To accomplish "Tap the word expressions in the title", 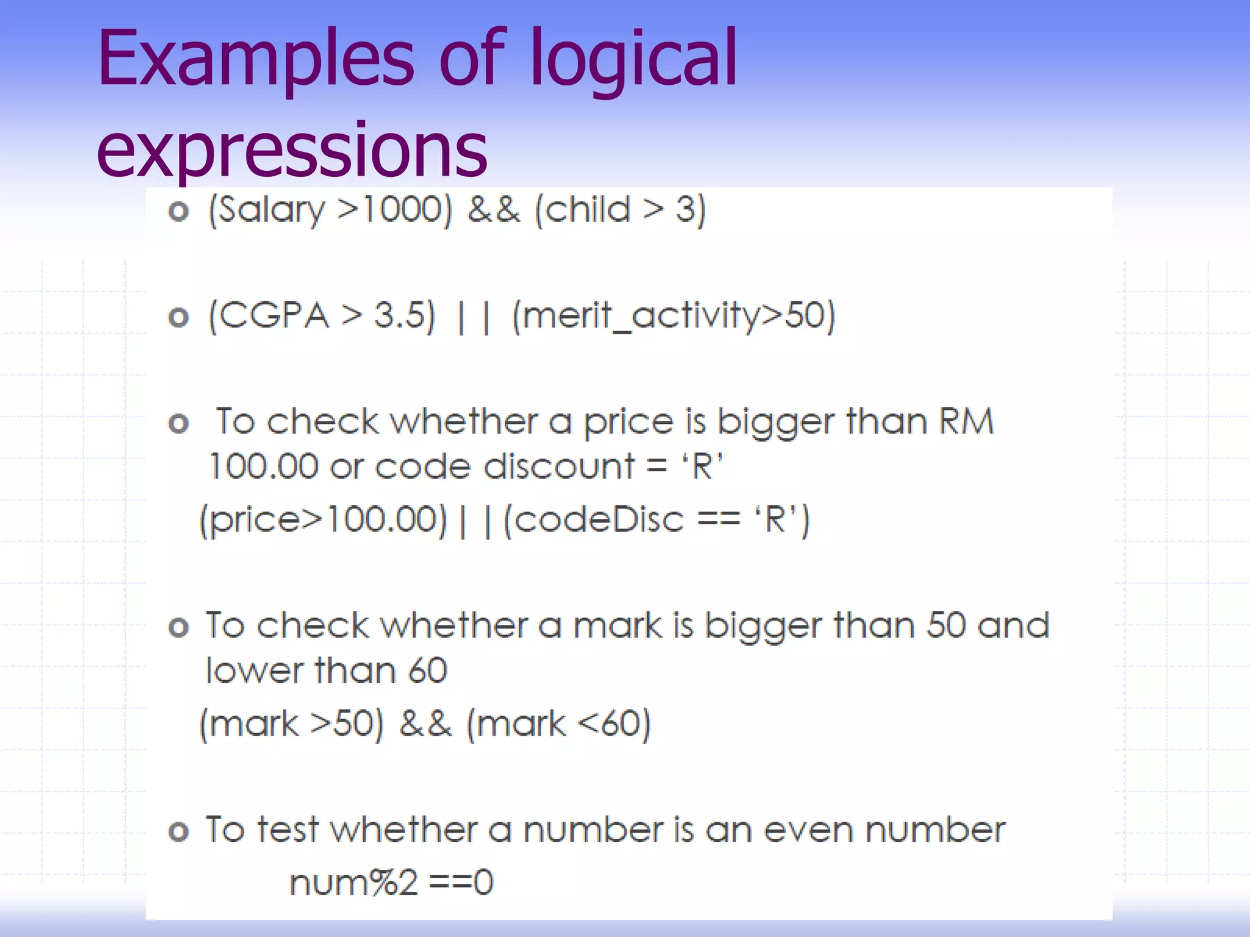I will [x=292, y=149].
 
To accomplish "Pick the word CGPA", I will [x=275, y=316].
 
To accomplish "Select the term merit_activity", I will [x=641, y=316].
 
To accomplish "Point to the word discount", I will [x=559, y=467].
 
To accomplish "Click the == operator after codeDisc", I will [x=718, y=520].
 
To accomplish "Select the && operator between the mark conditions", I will [x=425, y=724].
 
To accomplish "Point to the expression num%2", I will [x=353, y=883].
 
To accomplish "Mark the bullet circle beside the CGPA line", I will [x=179, y=317].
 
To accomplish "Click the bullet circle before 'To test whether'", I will [x=179, y=831].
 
